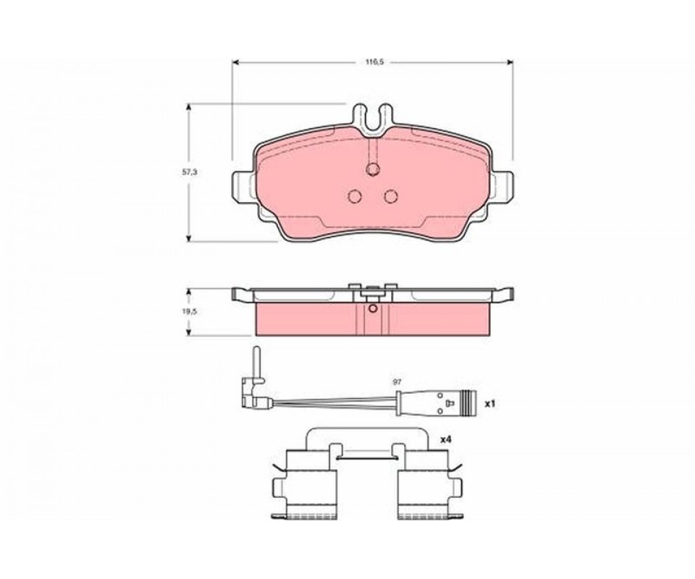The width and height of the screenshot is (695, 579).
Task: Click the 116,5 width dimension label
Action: tap(374, 62)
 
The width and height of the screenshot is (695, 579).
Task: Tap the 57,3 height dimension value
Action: tap(189, 173)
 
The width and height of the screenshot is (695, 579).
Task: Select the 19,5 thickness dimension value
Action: tap(189, 311)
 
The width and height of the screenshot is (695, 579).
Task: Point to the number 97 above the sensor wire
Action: tap(397, 382)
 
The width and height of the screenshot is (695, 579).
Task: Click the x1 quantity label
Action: tap(489, 404)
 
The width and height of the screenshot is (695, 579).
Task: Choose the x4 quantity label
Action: tap(445, 440)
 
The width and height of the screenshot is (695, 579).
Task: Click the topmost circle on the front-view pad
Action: tap(373, 169)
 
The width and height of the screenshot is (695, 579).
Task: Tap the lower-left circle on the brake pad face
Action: tap(355, 196)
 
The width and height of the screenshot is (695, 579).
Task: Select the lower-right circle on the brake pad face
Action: tap(391, 196)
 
